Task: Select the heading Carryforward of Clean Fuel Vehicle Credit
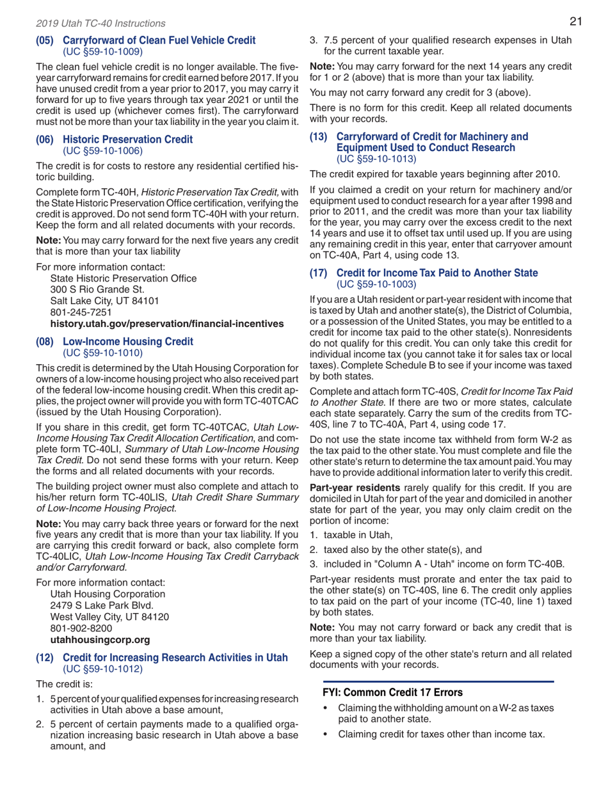point(159,40)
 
